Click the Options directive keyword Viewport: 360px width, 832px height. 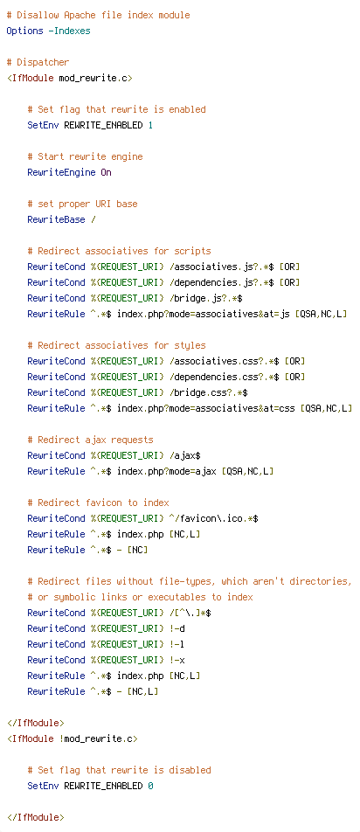pos(25,31)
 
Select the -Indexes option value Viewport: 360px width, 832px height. pos(69,31)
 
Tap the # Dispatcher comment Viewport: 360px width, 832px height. pos(38,63)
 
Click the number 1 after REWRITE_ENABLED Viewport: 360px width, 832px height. pos(150,125)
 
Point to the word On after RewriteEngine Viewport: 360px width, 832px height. pos(106,172)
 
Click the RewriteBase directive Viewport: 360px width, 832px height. pos(56,219)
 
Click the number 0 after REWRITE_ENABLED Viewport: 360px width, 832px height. pos(150,786)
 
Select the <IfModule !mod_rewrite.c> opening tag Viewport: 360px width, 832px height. pos(73,738)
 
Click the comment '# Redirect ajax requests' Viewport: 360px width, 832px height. pos(90,440)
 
